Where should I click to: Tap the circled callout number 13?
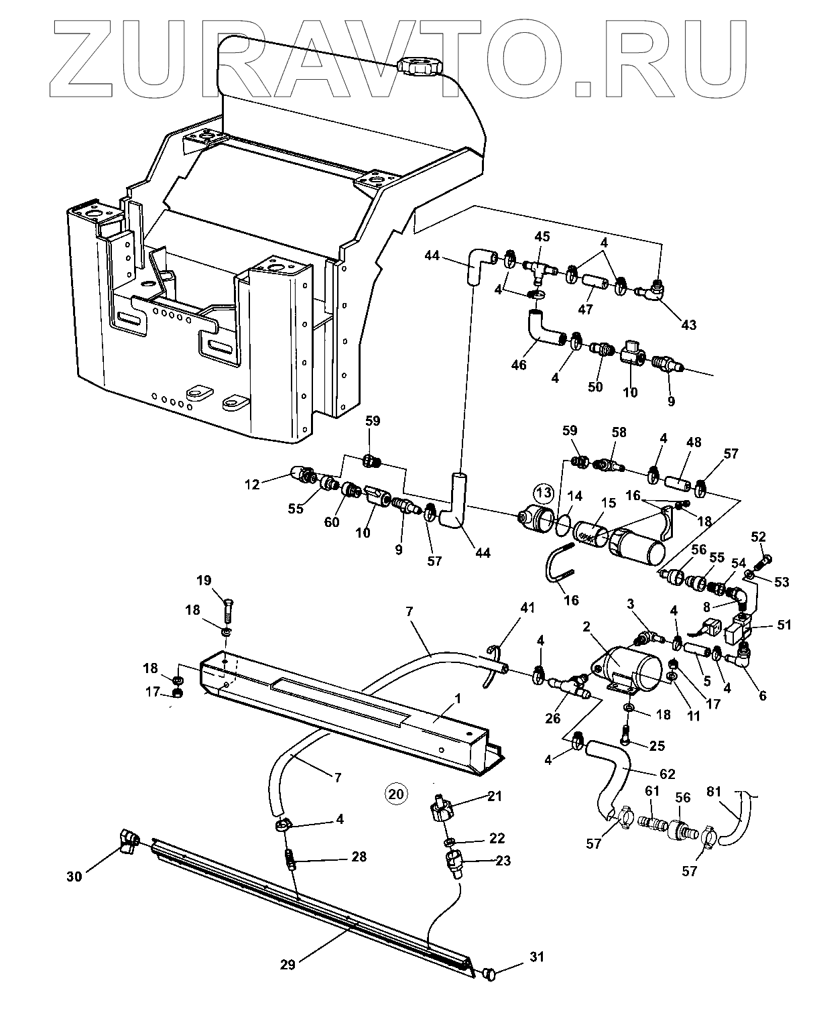544,495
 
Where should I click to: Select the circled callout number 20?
396,793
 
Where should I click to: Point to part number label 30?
74,876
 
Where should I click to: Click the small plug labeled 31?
489,973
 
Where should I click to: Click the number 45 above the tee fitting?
542,237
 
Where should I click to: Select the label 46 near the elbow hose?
518,365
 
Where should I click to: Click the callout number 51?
784,625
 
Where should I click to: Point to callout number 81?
714,792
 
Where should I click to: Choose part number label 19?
204,580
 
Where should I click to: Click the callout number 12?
252,484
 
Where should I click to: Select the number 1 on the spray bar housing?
457,699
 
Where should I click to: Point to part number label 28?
359,857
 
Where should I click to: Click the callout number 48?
694,442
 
